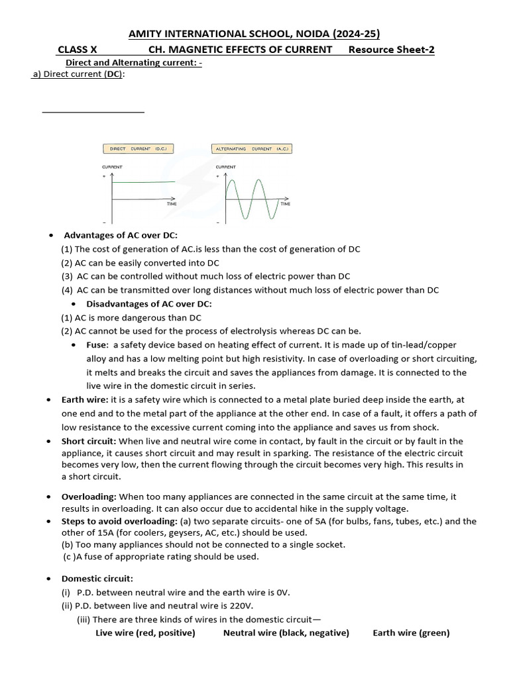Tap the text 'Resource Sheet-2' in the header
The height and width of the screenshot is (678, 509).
pyautogui.click(x=391, y=50)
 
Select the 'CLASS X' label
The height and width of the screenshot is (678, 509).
pyautogui.click(x=77, y=50)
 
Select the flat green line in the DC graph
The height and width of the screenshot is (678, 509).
pyautogui.click(x=144, y=182)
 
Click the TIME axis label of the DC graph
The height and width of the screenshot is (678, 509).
pyautogui.click(x=172, y=205)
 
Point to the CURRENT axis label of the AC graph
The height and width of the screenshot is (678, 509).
pyautogui.click(x=226, y=167)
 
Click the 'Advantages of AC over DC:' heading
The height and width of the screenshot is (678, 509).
pyautogui.click(x=121, y=235)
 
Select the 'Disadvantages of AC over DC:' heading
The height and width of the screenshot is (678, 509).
pyautogui.click(x=149, y=304)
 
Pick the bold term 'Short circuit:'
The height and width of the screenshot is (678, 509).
pyautogui.click(x=89, y=441)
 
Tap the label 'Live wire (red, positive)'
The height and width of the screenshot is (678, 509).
pyautogui.click(x=145, y=633)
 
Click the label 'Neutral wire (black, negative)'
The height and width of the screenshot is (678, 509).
pyautogui.click(x=286, y=633)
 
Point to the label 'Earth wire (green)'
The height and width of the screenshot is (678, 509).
pyautogui.click(x=411, y=633)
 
